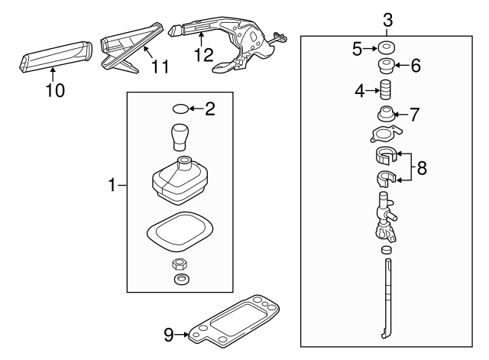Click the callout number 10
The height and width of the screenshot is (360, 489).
55,90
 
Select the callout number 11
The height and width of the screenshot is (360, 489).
159,68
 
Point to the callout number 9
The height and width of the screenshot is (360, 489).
169,333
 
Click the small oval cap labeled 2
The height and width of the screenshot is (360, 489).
179,109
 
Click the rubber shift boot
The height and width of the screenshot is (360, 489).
177,183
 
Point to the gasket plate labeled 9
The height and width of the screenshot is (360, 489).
237,321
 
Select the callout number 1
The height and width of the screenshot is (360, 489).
112,184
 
